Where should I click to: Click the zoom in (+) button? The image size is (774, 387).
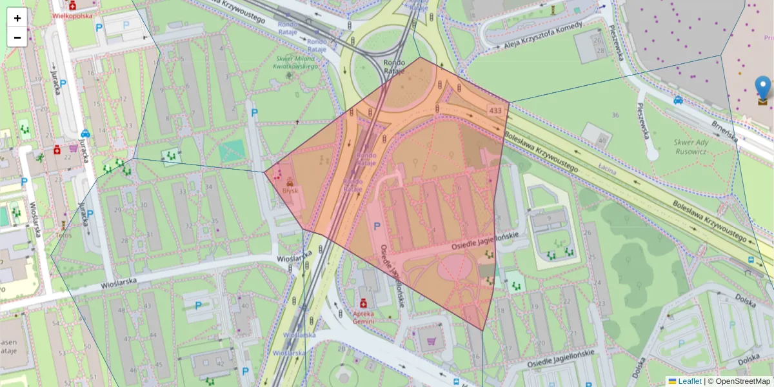coord(17,18)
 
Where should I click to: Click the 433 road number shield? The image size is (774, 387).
coord(495,111)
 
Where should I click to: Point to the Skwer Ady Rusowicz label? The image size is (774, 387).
coord(691,146)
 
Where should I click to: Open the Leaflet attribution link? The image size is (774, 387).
coord(689,381)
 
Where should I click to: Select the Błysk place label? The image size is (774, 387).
coord(288,192)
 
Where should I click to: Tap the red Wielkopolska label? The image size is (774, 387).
coord(72,15)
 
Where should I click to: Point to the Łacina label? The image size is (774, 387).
coord(606,170)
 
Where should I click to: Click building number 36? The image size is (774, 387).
coord(615,115)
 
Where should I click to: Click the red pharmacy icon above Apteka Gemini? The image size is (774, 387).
coord(363,303)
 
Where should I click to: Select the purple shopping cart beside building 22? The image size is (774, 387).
coord(73,148)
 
